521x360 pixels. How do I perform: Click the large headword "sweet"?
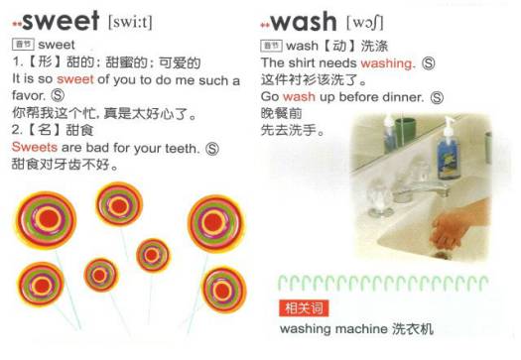(61, 21)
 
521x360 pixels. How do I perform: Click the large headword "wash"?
(304, 22)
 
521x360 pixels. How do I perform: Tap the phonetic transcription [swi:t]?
(130, 23)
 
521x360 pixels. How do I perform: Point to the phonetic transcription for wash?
(365, 23)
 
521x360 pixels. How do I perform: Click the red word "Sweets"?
(34, 147)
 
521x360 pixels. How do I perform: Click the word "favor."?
(29, 95)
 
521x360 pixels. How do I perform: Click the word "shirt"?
(302, 62)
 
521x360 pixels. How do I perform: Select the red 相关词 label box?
(304, 308)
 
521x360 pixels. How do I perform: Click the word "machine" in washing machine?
(361, 329)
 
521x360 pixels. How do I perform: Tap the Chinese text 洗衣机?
(413, 329)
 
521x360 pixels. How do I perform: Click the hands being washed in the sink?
(456, 227)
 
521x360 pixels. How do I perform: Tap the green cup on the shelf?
(405, 131)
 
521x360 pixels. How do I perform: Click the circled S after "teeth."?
(212, 149)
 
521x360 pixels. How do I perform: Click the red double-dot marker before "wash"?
(265, 25)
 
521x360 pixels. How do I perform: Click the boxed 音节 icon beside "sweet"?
(23, 45)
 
